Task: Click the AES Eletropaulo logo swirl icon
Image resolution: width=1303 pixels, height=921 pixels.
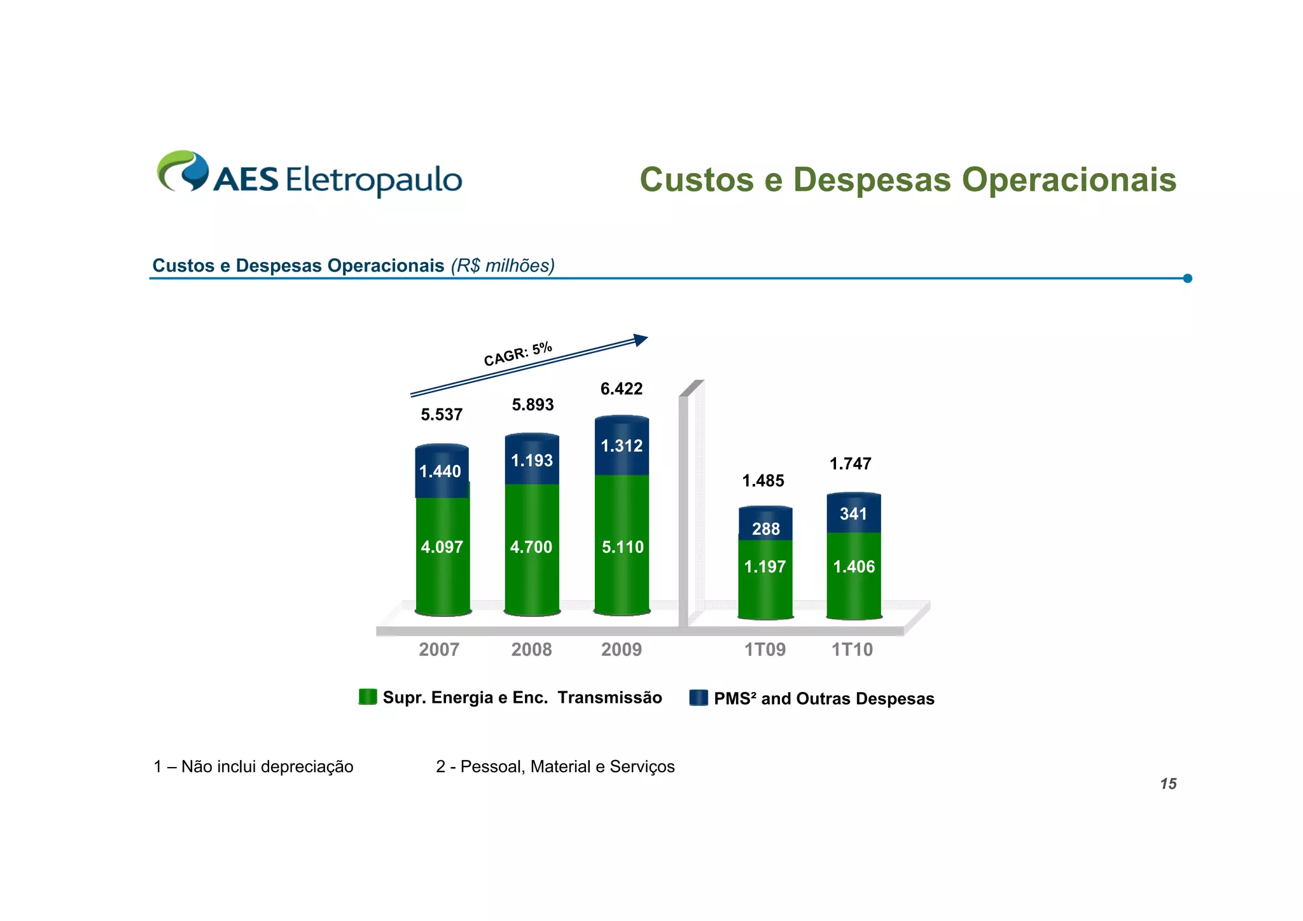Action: click(183, 170)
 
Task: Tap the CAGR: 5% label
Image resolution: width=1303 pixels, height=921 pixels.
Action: click(518, 354)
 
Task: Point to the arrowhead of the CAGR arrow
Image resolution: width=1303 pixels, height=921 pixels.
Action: click(641, 340)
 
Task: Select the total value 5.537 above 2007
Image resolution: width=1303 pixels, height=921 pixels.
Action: click(442, 415)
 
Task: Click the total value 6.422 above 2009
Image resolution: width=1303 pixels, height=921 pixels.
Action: click(622, 389)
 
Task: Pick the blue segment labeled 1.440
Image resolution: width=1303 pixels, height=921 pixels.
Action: click(442, 471)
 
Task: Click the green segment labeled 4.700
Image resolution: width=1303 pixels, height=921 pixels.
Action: click(532, 547)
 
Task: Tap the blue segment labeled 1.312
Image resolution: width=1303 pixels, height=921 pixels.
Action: click(622, 446)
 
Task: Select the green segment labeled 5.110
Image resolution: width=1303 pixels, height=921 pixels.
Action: click(622, 547)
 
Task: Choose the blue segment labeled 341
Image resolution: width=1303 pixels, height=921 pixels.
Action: click(853, 513)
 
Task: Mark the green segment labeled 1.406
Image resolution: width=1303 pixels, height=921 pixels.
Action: click(854, 567)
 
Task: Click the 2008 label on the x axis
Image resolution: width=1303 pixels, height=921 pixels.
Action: click(531, 649)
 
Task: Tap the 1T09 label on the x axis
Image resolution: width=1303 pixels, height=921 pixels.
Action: click(765, 649)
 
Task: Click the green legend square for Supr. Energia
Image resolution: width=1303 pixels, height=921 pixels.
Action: click(368, 697)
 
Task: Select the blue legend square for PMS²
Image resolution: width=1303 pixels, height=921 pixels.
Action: click(699, 698)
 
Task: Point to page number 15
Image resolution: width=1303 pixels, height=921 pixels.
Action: click(1168, 784)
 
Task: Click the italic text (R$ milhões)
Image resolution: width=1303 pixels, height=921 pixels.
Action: click(503, 265)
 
